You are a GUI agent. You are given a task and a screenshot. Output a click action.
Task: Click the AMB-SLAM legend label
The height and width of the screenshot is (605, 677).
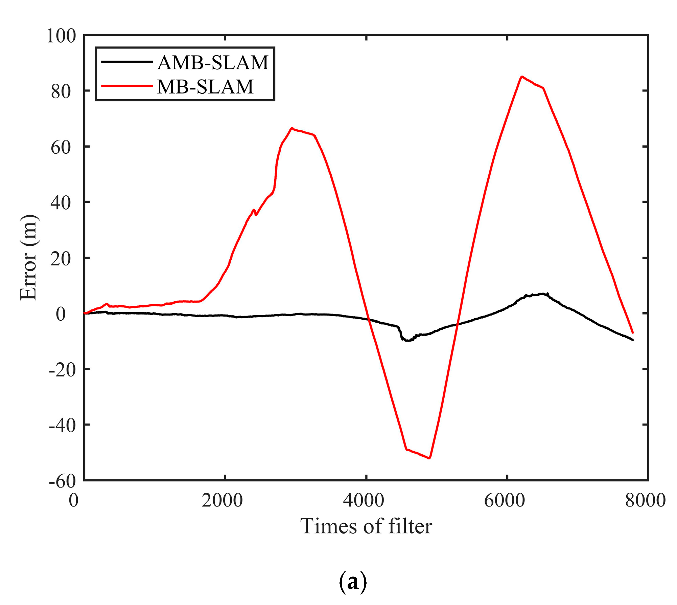213,63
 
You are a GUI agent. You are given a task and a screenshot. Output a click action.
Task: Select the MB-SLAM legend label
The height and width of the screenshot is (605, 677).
205,87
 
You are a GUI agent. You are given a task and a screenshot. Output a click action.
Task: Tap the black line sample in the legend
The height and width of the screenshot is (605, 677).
127,62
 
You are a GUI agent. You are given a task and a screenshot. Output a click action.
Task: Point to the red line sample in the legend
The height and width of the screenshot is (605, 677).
127,86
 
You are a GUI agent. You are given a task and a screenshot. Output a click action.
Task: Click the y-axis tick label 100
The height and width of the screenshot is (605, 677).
61,36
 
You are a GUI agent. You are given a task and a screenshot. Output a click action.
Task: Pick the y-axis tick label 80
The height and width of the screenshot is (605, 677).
61,91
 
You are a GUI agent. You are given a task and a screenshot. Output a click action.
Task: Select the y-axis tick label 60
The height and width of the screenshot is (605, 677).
61,147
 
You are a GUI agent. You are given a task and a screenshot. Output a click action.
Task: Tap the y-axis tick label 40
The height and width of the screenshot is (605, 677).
61,203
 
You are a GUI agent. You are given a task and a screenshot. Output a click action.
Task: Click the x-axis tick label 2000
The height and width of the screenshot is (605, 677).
222,500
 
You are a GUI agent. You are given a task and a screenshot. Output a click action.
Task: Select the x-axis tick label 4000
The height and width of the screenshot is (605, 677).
364,500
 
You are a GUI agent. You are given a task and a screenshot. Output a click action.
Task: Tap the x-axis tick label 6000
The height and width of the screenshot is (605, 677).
505,500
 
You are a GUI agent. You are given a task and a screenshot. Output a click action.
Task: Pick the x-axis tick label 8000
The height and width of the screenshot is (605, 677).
645,500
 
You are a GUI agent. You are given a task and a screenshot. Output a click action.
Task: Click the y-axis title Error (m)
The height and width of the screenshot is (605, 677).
28,257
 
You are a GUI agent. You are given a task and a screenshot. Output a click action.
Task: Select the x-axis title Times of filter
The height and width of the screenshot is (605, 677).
366,526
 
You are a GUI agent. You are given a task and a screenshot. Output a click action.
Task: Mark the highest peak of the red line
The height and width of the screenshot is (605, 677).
522,77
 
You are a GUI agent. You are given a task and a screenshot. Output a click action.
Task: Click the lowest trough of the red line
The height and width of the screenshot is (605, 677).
429,458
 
